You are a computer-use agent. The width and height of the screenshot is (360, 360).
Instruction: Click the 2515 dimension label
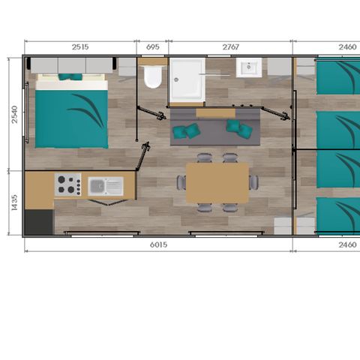pos(79,47)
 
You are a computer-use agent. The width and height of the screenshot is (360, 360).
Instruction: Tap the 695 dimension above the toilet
pos(153,47)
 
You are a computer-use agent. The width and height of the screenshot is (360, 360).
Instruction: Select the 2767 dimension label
pos(230,47)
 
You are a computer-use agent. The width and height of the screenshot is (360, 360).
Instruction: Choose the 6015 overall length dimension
pos(158,244)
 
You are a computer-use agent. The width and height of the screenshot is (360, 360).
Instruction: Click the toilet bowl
pos(154,77)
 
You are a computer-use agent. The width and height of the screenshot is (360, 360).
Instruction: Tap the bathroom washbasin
pos(248,70)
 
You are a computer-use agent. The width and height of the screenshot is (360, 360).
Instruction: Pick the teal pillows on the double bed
pos(70,76)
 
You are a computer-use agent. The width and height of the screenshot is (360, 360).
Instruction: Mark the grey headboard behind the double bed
pos(71,65)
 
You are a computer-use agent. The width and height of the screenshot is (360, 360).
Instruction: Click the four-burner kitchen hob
pos(67,184)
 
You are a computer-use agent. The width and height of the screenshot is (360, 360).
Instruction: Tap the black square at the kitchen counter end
pos(39,221)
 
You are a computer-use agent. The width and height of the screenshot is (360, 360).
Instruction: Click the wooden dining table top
pos(217,182)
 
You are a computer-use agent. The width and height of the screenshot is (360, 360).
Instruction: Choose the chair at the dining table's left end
pos(181,182)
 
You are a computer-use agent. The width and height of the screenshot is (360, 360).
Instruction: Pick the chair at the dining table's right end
pos(254,182)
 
